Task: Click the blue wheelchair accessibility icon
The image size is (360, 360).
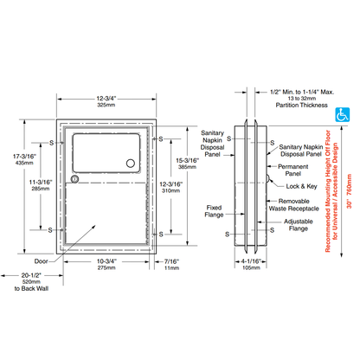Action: (342, 112)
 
